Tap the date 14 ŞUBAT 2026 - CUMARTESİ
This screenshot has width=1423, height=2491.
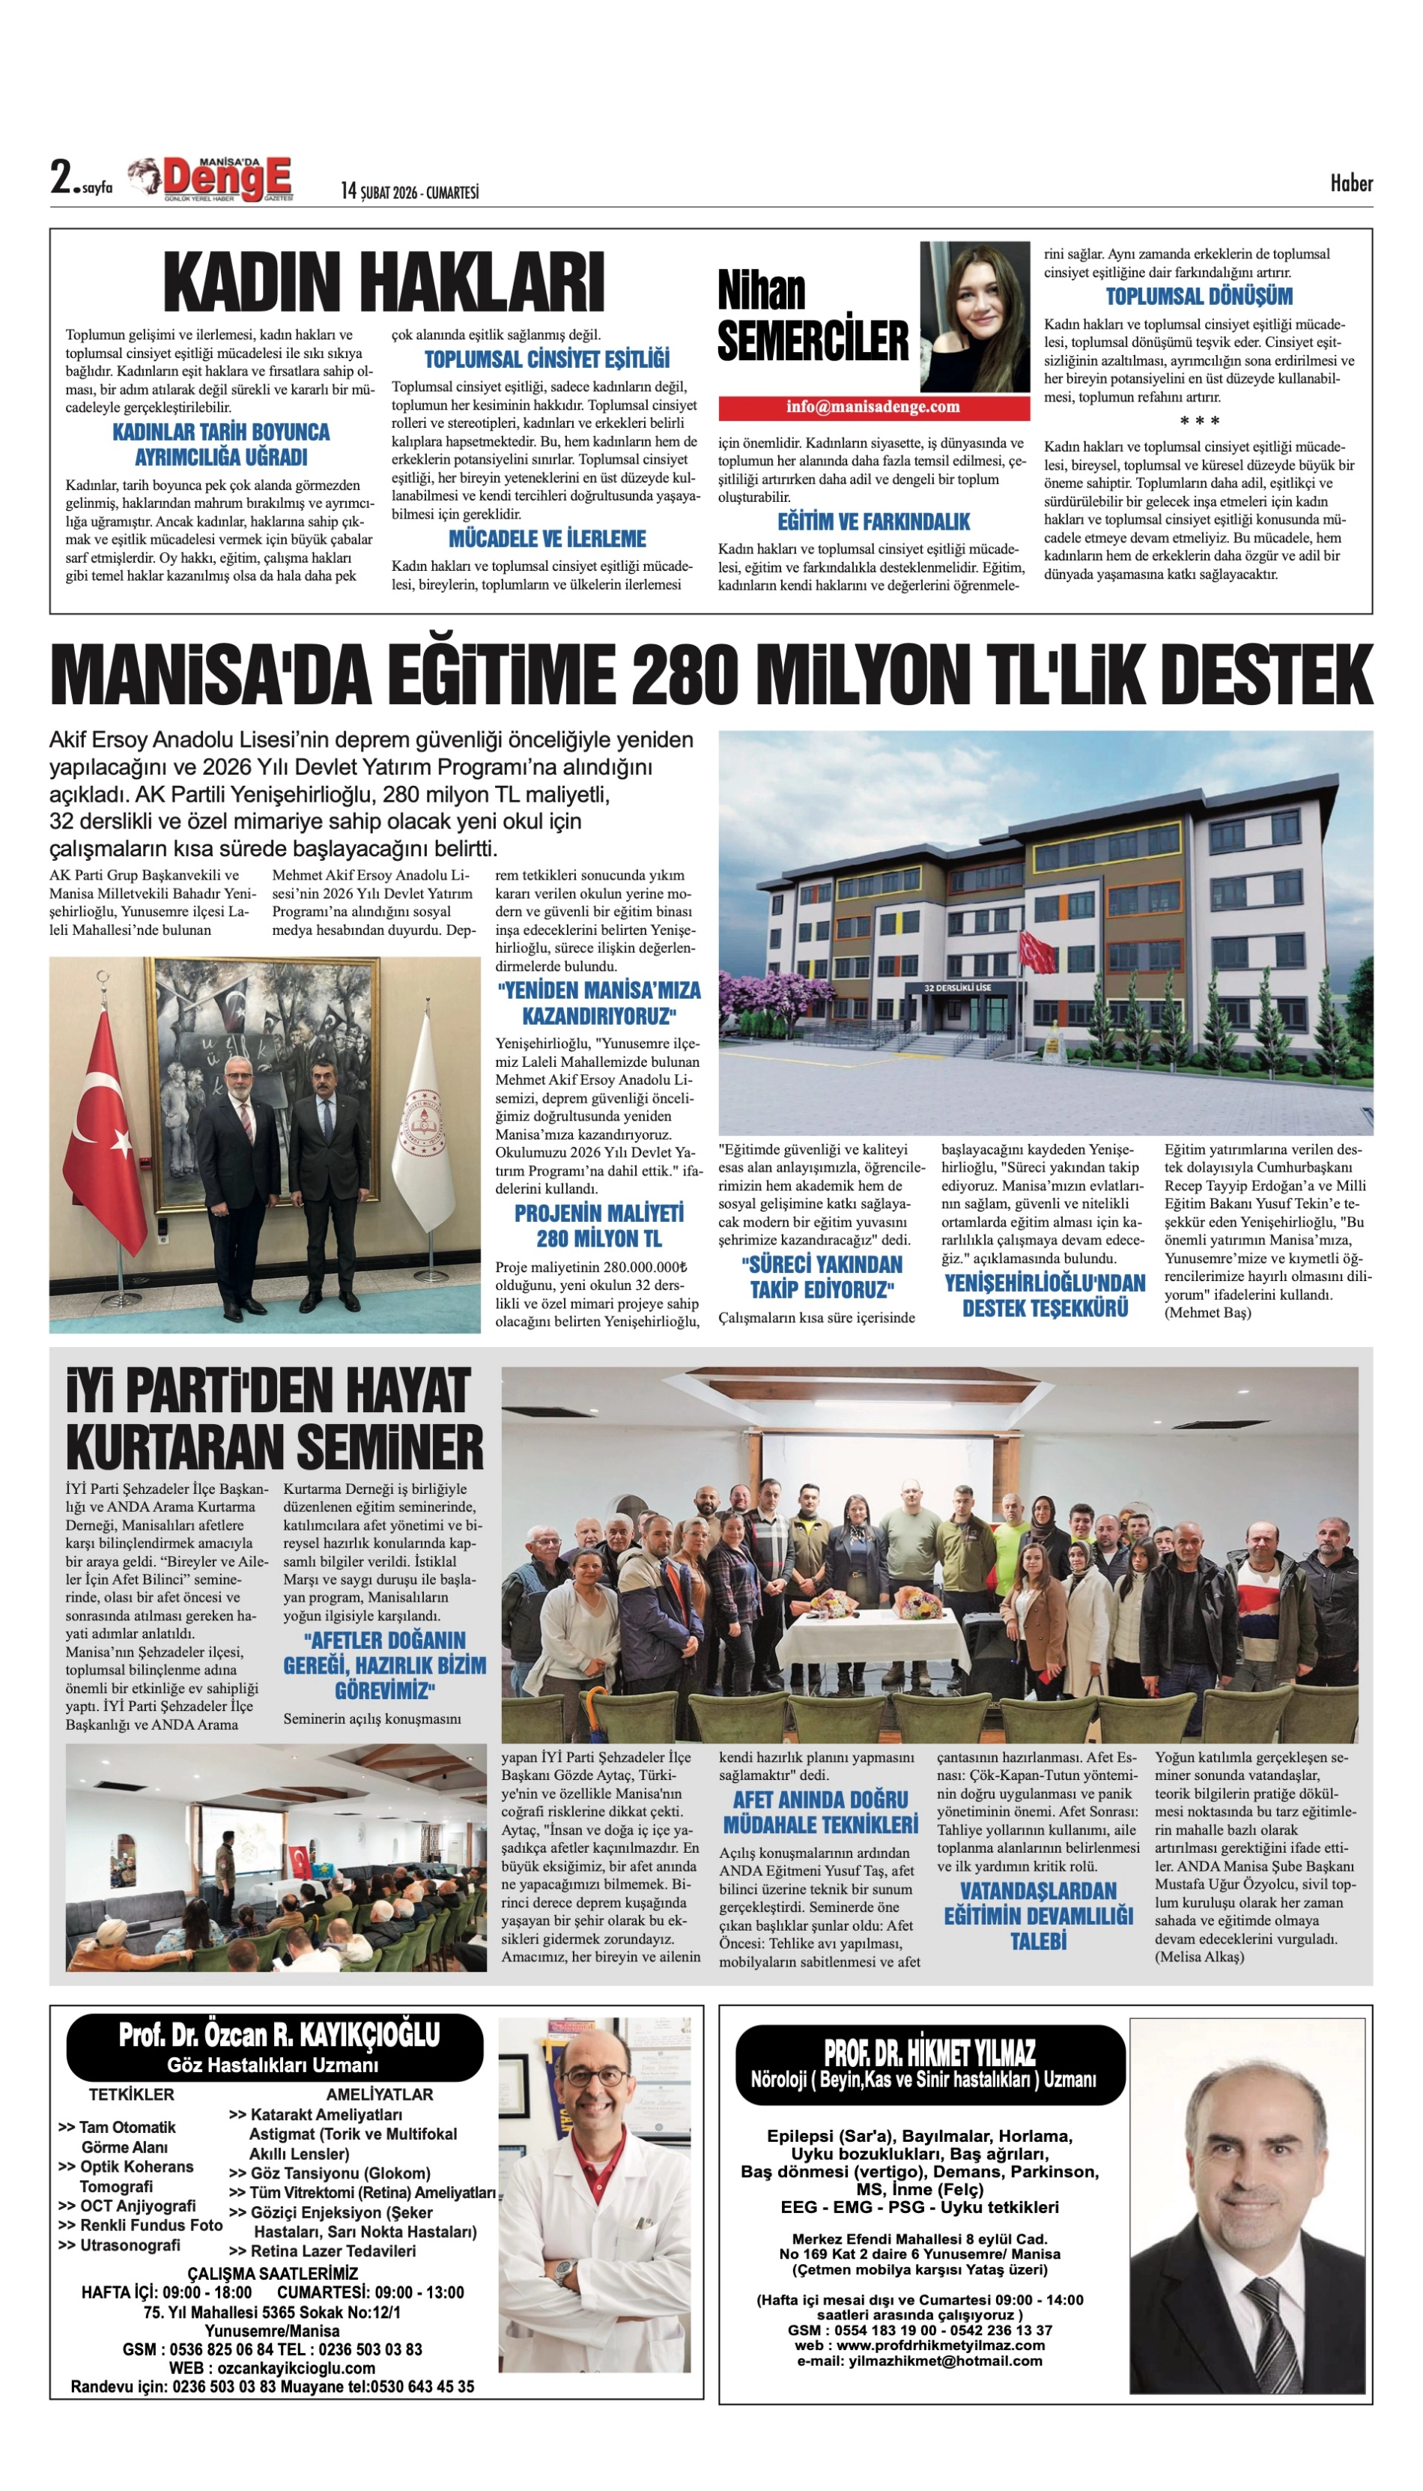(410, 192)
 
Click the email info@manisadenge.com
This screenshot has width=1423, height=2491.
(873, 407)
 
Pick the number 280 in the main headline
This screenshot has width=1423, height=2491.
(683, 674)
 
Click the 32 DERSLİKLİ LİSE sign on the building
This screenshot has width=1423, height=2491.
(957, 987)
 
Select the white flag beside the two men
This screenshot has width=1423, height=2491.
(423, 1125)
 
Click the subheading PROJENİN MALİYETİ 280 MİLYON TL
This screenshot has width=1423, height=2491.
(598, 1226)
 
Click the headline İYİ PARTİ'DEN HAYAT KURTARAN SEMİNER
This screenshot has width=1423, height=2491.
(275, 1420)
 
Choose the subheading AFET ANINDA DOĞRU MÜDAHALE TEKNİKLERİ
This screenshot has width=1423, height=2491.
(820, 1812)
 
